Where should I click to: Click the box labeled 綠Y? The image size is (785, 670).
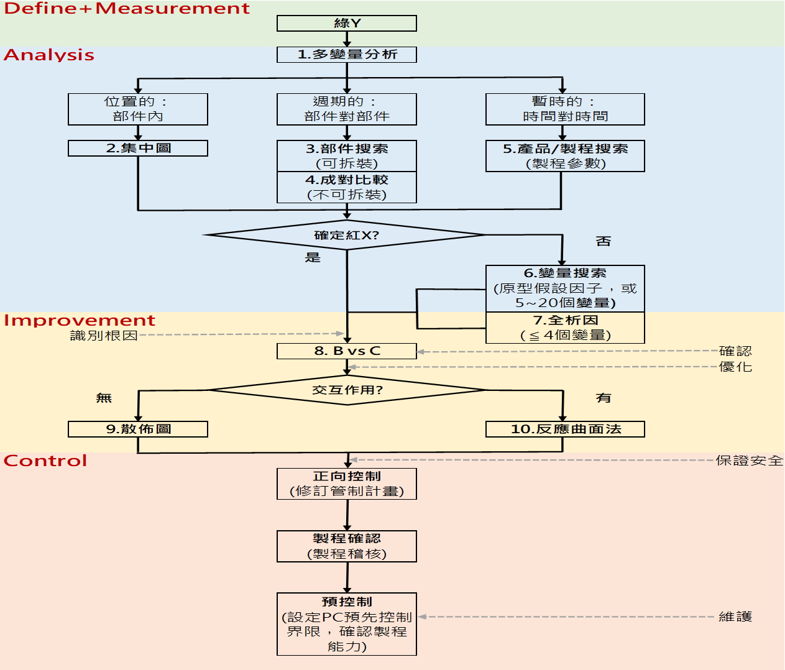[x=346, y=24]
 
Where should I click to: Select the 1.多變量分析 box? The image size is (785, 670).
[x=346, y=55]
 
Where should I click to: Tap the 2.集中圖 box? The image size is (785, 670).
[x=137, y=148]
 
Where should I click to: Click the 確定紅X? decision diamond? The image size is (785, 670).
[x=346, y=235]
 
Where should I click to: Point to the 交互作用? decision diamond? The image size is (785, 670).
[x=347, y=390]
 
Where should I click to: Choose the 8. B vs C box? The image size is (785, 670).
[x=346, y=351]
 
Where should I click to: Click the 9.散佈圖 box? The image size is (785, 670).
[x=137, y=429]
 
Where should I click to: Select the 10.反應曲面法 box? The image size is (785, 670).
[x=565, y=429]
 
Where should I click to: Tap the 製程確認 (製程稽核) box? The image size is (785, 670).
[x=346, y=546]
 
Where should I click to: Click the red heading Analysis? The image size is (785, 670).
[x=49, y=55]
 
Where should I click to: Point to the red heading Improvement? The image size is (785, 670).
[x=80, y=320]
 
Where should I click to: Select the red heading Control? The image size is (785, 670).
[x=45, y=461]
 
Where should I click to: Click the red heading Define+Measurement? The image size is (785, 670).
[x=127, y=9]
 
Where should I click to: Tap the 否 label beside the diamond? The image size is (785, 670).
[x=603, y=241]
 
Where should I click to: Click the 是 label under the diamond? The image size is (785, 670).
[x=313, y=257]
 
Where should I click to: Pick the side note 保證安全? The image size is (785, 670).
[x=749, y=461]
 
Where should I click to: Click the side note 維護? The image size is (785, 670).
[x=735, y=617]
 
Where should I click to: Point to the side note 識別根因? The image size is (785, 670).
[x=104, y=336]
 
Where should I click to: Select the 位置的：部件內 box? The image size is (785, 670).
[x=137, y=109]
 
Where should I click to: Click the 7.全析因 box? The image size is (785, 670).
[x=565, y=328]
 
